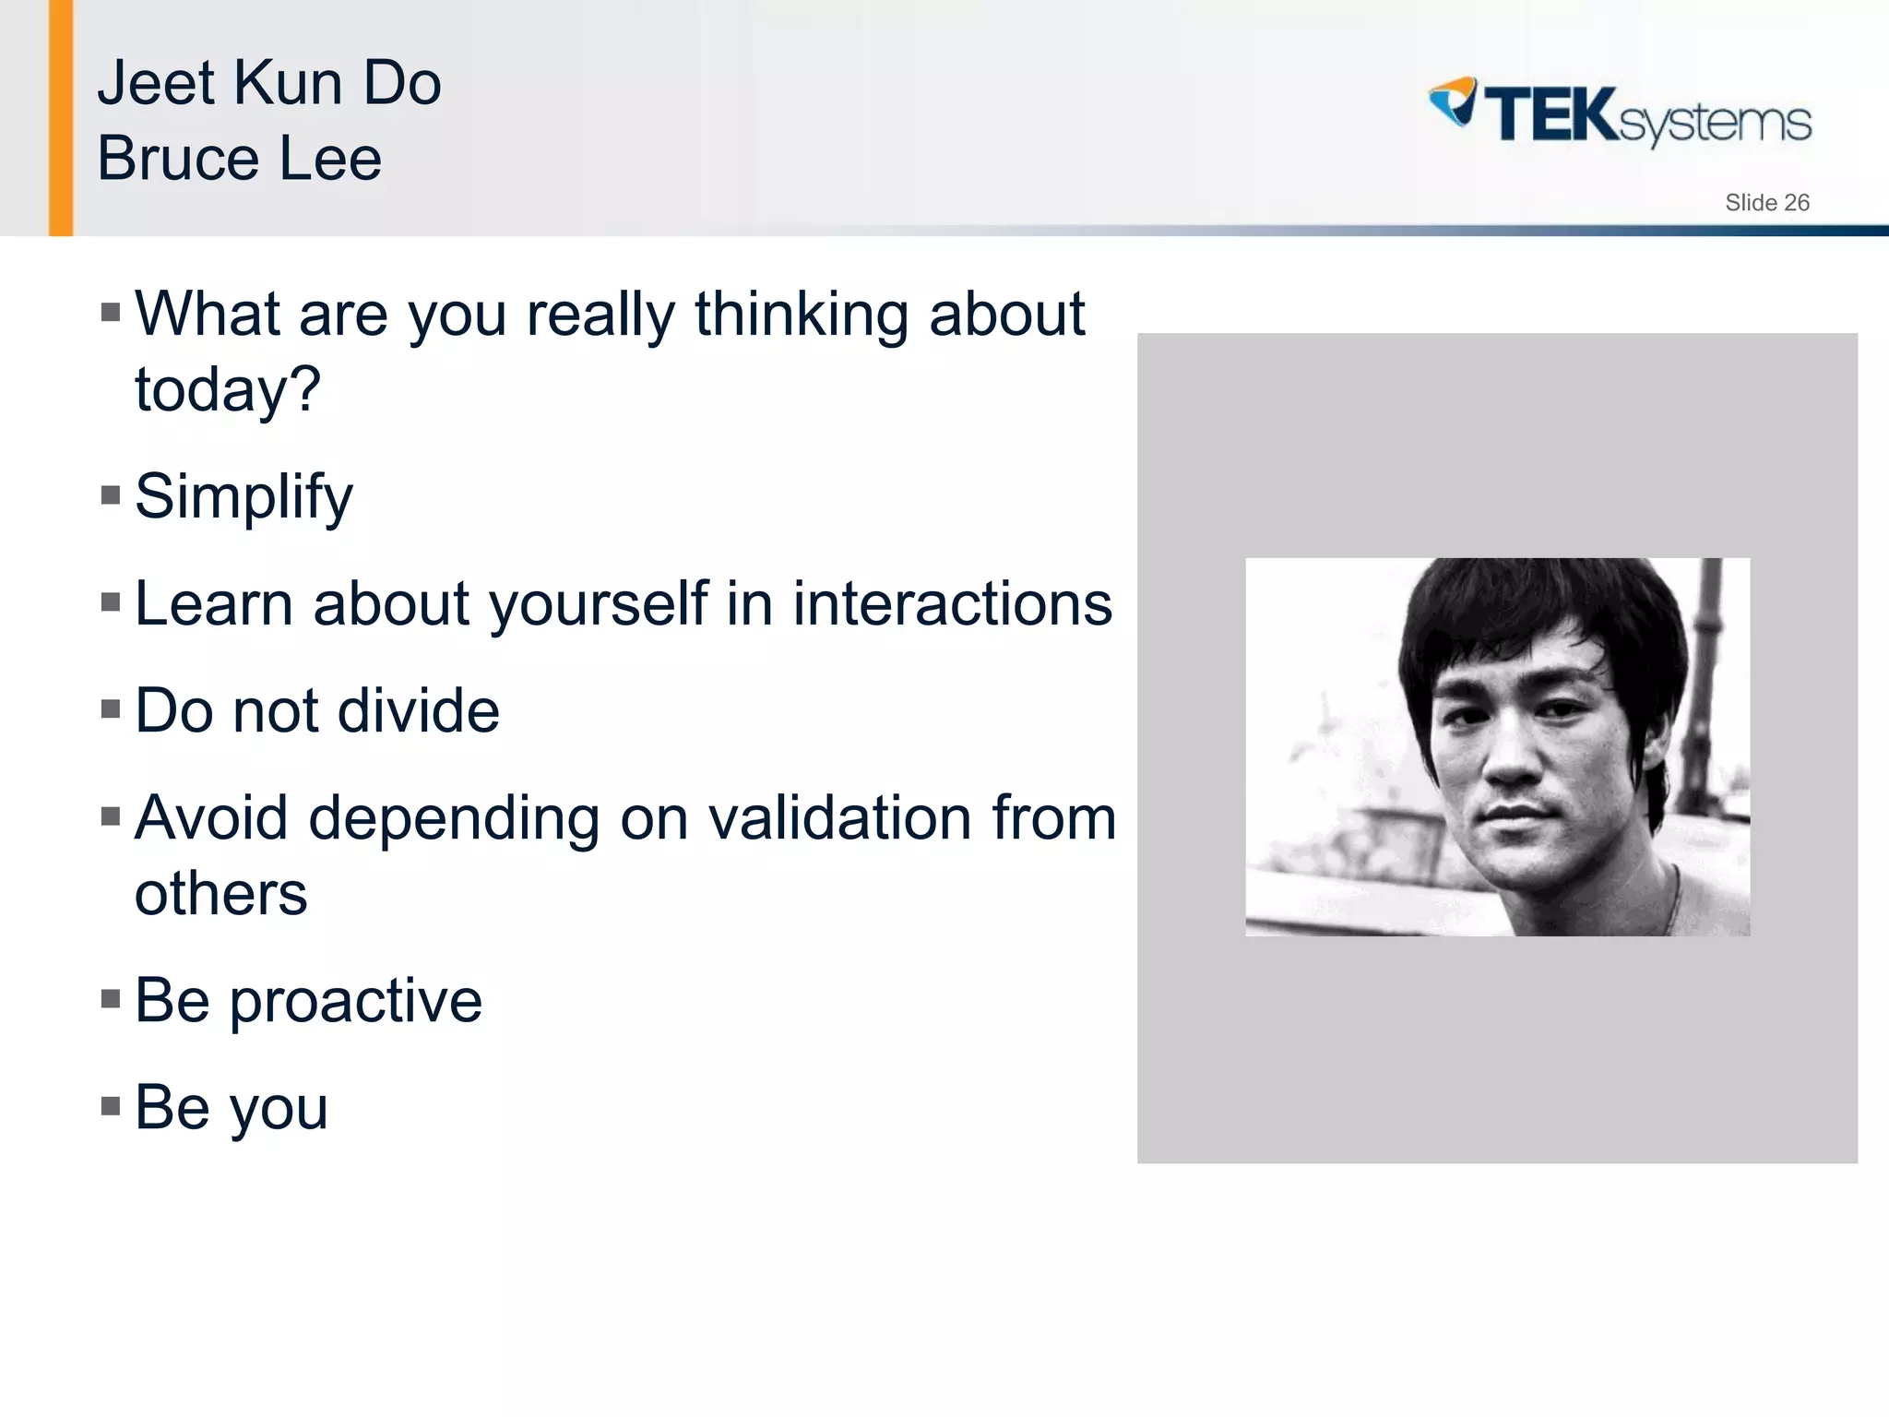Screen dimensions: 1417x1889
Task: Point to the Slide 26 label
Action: coord(1766,203)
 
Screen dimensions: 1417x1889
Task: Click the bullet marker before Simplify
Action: coord(111,496)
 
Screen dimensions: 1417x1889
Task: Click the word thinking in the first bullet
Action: coord(802,316)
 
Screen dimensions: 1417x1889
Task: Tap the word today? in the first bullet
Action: coord(228,390)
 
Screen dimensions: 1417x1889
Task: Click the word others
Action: coord(220,894)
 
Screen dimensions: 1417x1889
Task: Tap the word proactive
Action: coord(355,1002)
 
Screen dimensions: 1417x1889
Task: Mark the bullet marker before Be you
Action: coord(111,1106)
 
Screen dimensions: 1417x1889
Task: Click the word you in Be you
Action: coord(279,1110)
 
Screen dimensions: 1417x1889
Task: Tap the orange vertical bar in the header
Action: coord(61,118)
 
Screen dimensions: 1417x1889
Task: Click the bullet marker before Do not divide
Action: coord(111,709)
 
